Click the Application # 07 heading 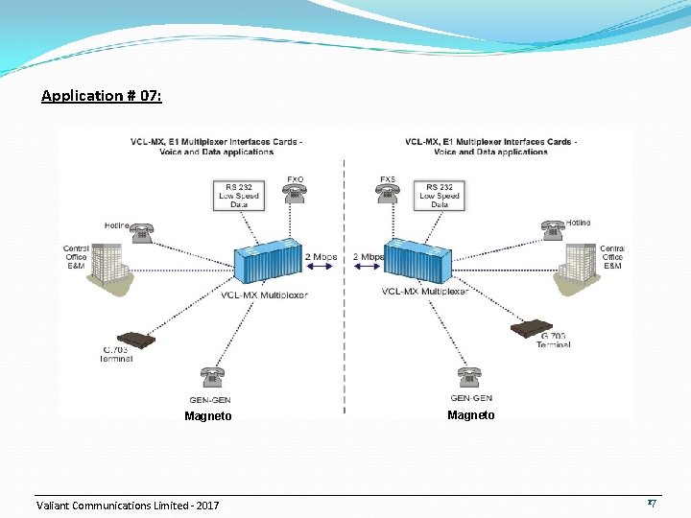pyautogui.click(x=102, y=96)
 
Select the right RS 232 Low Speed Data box pyautogui.click(x=440, y=195)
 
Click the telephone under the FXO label pyautogui.click(x=295, y=194)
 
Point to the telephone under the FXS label pyautogui.click(x=387, y=194)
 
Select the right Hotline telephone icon pyautogui.click(x=552, y=230)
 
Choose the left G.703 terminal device pyautogui.click(x=135, y=339)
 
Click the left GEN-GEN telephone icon pyautogui.click(x=210, y=377)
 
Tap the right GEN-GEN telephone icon pyautogui.click(x=469, y=377)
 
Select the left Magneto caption pyautogui.click(x=208, y=416)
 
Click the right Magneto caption pyautogui.click(x=471, y=415)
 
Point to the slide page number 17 pyautogui.click(x=651, y=503)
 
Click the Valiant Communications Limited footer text pyautogui.click(x=128, y=506)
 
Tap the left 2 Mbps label pyautogui.click(x=321, y=258)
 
